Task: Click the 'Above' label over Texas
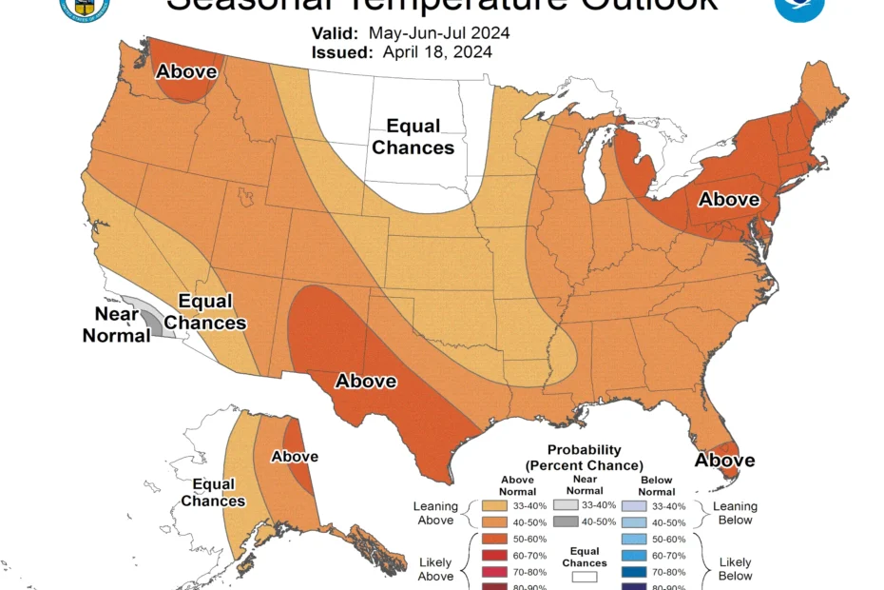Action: pos(366,381)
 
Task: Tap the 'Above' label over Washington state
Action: pos(187,70)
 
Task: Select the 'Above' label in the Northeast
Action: pos(729,199)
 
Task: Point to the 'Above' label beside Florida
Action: pos(724,461)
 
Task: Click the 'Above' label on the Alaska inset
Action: pos(295,456)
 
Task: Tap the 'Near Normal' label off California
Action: pos(117,324)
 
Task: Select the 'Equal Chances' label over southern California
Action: pos(205,312)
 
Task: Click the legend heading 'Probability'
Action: pos(584,449)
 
